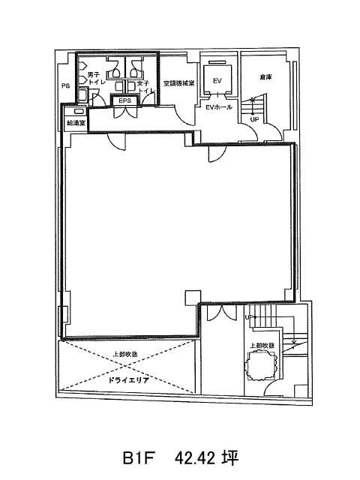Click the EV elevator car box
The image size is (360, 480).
pos(218,80)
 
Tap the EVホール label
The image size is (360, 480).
pos(218,108)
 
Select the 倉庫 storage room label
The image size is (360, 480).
pos(265,76)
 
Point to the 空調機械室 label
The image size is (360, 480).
pos(179,82)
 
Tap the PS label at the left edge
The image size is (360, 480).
pos(65,86)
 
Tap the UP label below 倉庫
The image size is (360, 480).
pos(255,119)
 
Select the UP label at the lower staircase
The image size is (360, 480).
pos(248,318)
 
